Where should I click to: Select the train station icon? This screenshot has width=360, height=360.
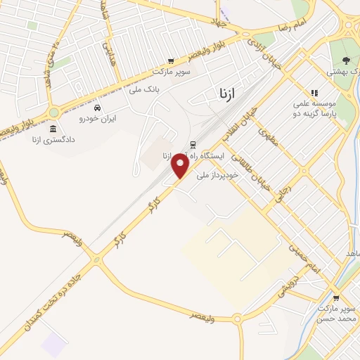(x=192, y=145)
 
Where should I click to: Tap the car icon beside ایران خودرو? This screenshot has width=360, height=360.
(x=98, y=108)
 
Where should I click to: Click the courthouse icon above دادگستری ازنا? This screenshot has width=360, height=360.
(x=53, y=129)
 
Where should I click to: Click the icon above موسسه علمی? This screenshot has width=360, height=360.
(x=314, y=92)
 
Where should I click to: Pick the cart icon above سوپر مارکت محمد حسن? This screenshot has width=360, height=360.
(x=335, y=297)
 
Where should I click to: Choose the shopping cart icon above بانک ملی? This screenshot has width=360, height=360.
(x=170, y=61)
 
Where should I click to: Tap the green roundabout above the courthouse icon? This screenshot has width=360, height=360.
(x=53, y=112)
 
